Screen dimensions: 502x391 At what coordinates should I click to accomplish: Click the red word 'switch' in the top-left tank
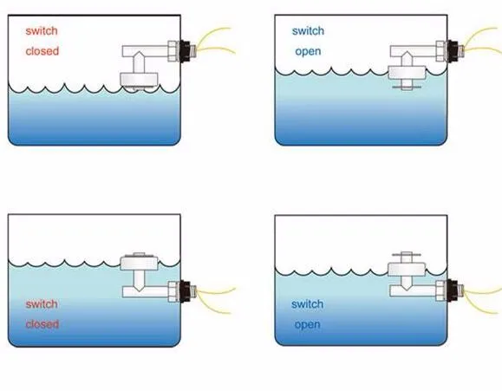[42, 30]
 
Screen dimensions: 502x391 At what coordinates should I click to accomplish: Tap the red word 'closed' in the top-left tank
[42, 51]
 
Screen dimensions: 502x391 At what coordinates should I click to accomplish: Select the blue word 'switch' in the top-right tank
[308, 30]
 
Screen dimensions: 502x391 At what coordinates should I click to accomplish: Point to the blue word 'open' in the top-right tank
[308, 51]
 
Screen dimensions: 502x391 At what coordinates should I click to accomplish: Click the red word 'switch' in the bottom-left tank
[42, 303]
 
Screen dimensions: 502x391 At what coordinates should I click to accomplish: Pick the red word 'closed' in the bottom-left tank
[42, 324]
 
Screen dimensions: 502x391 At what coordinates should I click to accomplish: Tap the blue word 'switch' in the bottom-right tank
[307, 303]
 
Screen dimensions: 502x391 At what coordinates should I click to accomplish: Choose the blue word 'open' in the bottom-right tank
[307, 324]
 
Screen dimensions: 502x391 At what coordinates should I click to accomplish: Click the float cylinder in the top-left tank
[139, 80]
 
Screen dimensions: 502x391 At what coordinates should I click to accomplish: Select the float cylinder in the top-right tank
[407, 73]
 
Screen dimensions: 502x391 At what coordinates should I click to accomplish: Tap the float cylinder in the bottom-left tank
[139, 263]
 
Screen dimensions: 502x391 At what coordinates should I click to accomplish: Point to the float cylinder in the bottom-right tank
[407, 270]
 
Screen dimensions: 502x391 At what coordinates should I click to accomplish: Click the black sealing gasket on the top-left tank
[185, 51]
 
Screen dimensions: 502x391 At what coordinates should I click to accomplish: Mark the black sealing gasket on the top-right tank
[453, 51]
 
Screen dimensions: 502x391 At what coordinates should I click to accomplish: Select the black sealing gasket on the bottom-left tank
[185, 291]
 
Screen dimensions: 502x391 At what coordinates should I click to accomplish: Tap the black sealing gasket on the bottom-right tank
[453, 290]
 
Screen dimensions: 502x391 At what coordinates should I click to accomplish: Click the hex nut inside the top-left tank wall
[173, 51]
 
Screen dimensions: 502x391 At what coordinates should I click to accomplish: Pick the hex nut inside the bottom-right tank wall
[441, 290]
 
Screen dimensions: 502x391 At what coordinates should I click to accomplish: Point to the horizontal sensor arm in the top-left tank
[146, 51]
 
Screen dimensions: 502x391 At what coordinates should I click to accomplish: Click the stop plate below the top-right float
[407, 86]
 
